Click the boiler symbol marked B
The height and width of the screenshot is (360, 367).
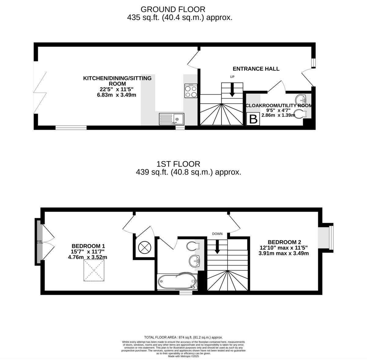click(x=253, y=119)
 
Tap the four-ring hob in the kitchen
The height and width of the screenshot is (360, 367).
click(x=191, y=91)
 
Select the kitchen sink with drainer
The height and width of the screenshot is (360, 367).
click(x=172, y=119)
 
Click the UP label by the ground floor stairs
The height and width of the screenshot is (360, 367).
click(x=232, y=77)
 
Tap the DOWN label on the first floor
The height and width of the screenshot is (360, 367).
click(x=217, y=234)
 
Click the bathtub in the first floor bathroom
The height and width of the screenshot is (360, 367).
click(x=177, y=281)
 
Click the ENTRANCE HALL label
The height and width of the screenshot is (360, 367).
click(x=256, y=69)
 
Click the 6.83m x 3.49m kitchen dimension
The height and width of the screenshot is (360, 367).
click(x=116, y=95)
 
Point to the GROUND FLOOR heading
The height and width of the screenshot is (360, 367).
click(x=173, y=9)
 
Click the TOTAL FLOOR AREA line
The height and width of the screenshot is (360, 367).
click(x=183, y=337)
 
